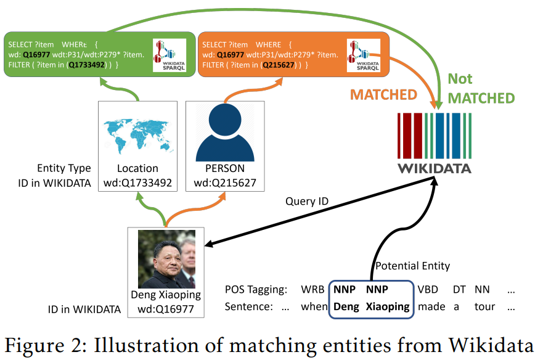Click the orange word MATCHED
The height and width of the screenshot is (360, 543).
384,95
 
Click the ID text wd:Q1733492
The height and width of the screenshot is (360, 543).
138,183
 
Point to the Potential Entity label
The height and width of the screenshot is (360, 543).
412,266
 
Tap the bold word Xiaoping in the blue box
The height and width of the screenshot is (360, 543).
387,306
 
